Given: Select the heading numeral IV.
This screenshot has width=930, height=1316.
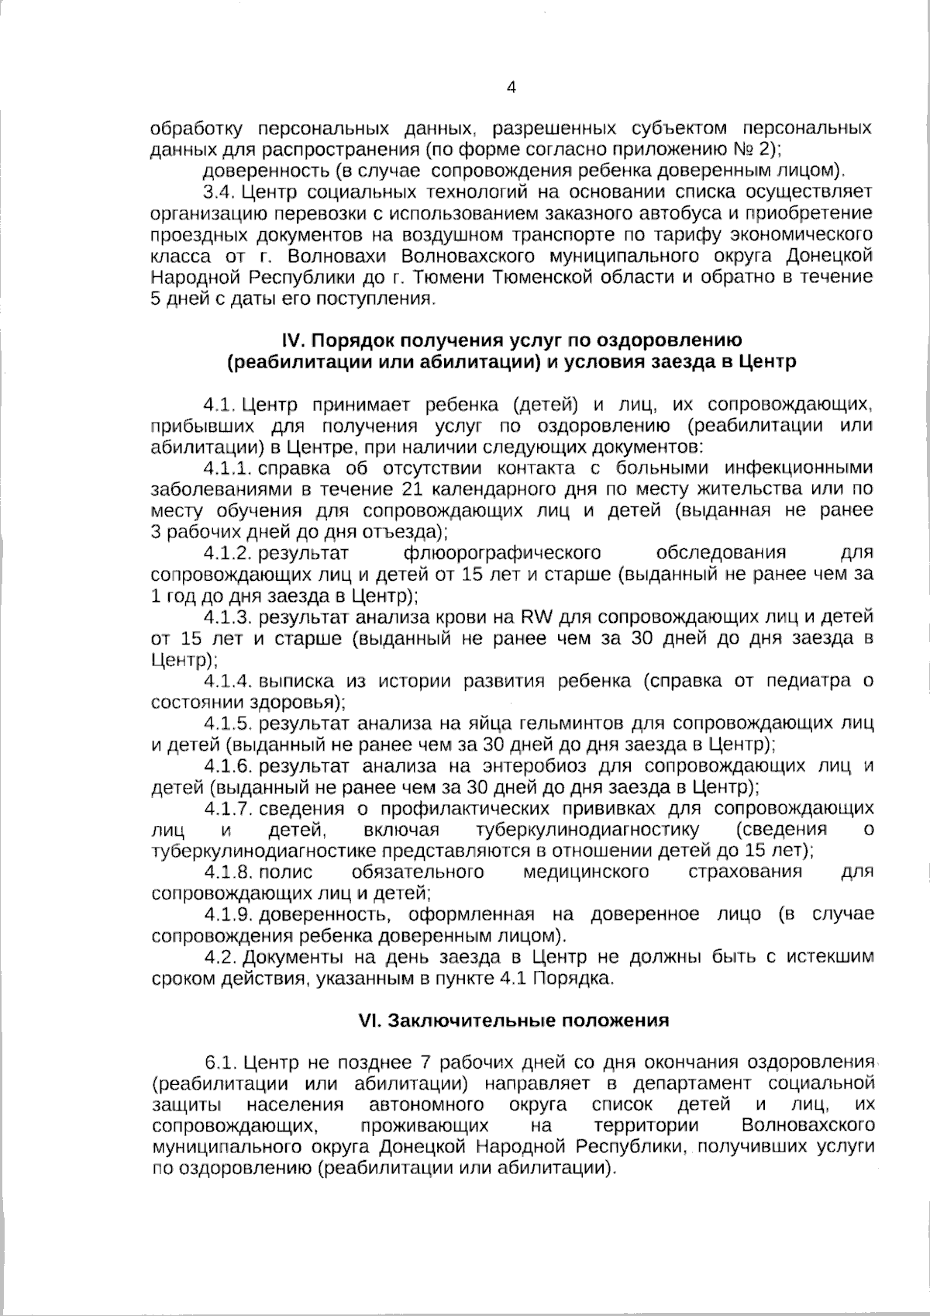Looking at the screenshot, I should tap(291, 340).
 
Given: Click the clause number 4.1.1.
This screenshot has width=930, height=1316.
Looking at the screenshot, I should tap(228, 468).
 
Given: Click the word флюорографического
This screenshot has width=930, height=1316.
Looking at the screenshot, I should tap(502, 553).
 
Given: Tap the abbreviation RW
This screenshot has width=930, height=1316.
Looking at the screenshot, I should tap(536, 617).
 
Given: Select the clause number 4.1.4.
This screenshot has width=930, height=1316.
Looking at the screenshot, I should tap(229, 682).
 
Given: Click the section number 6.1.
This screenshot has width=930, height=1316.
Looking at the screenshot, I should tap(220, 1062).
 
